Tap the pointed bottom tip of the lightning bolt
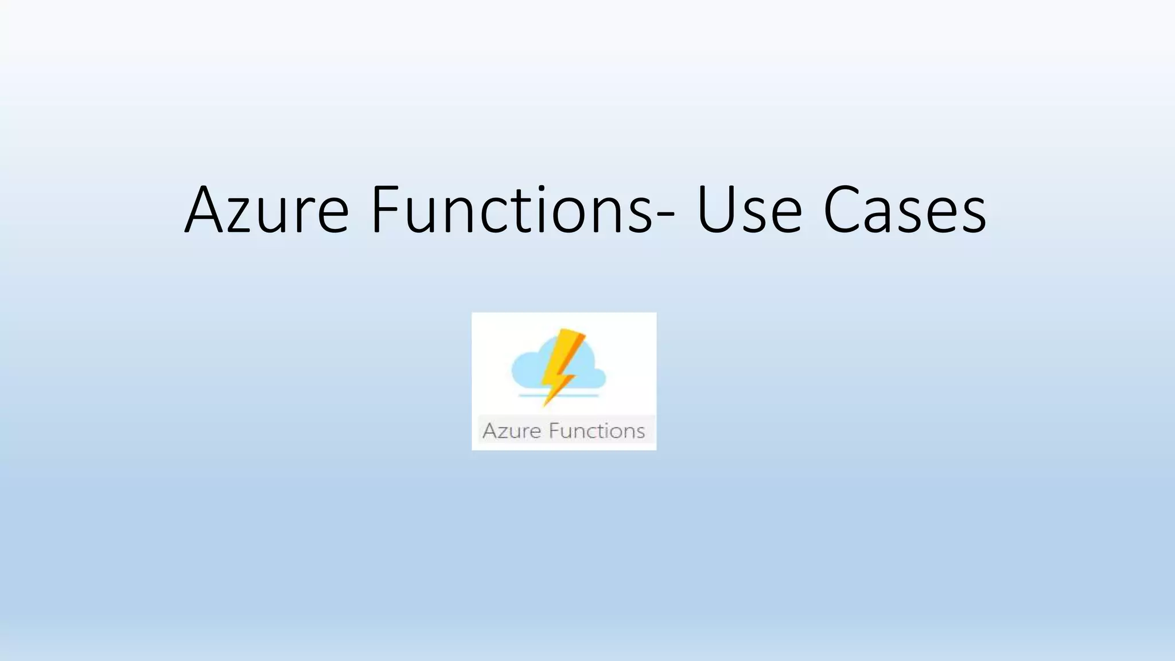click(x=545, y=403)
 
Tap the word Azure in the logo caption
click(x=511, y=431)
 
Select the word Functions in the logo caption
click(x=596, y=431)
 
